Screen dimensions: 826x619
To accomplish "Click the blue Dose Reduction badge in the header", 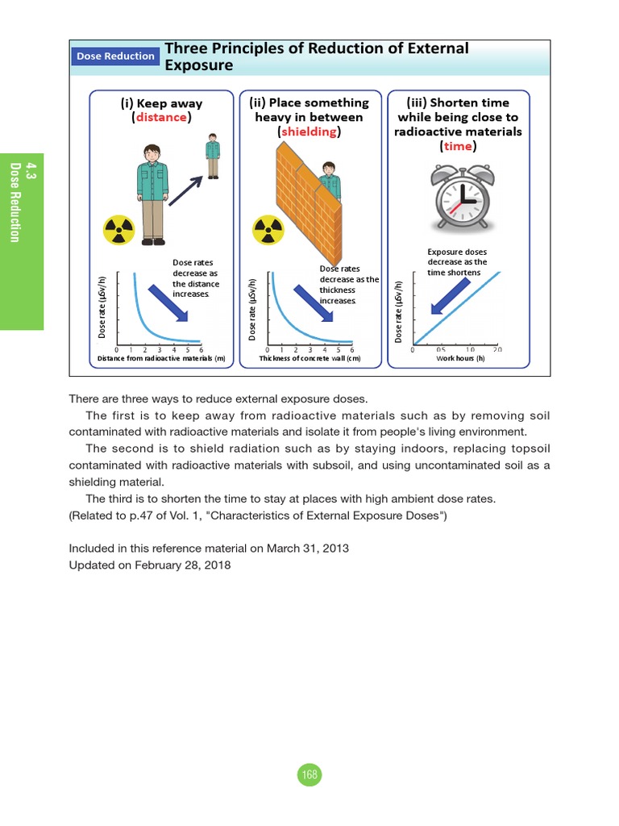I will click(115, 56).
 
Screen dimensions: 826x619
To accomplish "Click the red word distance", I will click(161, 118).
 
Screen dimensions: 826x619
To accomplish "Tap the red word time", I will click(458, 146).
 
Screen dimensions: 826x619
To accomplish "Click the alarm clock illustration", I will click(462, 198).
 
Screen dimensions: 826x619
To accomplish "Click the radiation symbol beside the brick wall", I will click(268, 230).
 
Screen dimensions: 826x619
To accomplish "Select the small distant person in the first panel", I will click(212, 157).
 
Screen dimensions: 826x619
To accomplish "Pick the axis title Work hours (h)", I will click(460, 358).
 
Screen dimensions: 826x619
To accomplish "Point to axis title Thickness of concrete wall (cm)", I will click(309, 358).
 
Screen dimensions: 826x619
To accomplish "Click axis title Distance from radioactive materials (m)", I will click(161, 358).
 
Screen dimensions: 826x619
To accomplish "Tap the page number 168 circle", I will click(309, 775).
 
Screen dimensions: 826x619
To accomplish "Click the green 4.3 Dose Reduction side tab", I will click(22, 240).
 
